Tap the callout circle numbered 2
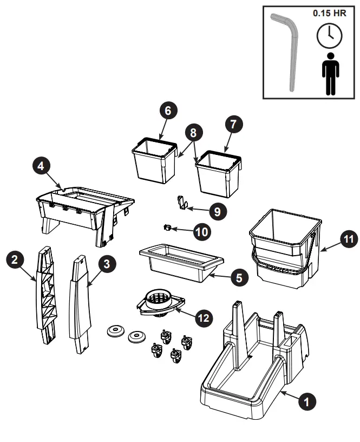tap(16, 259)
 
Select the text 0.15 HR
tap(329, 13)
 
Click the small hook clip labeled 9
tap(182, 203)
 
